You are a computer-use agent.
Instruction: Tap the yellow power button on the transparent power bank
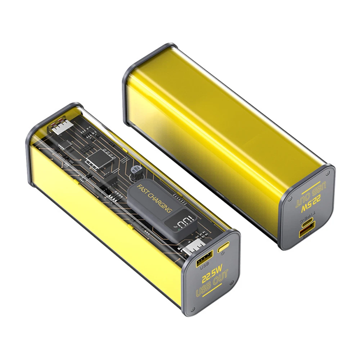coord(224,248)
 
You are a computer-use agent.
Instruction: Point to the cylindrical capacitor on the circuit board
coord(137,170)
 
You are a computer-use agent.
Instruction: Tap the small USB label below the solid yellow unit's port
coord(306,239)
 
